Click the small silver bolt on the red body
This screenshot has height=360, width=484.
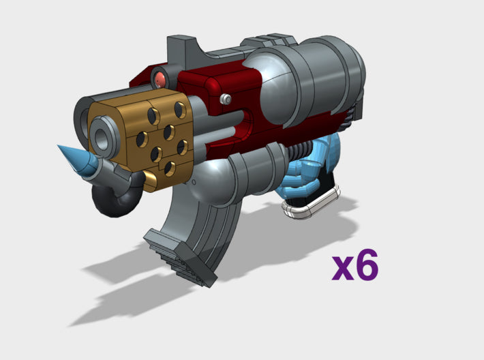224,100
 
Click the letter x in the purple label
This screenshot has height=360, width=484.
342,269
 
